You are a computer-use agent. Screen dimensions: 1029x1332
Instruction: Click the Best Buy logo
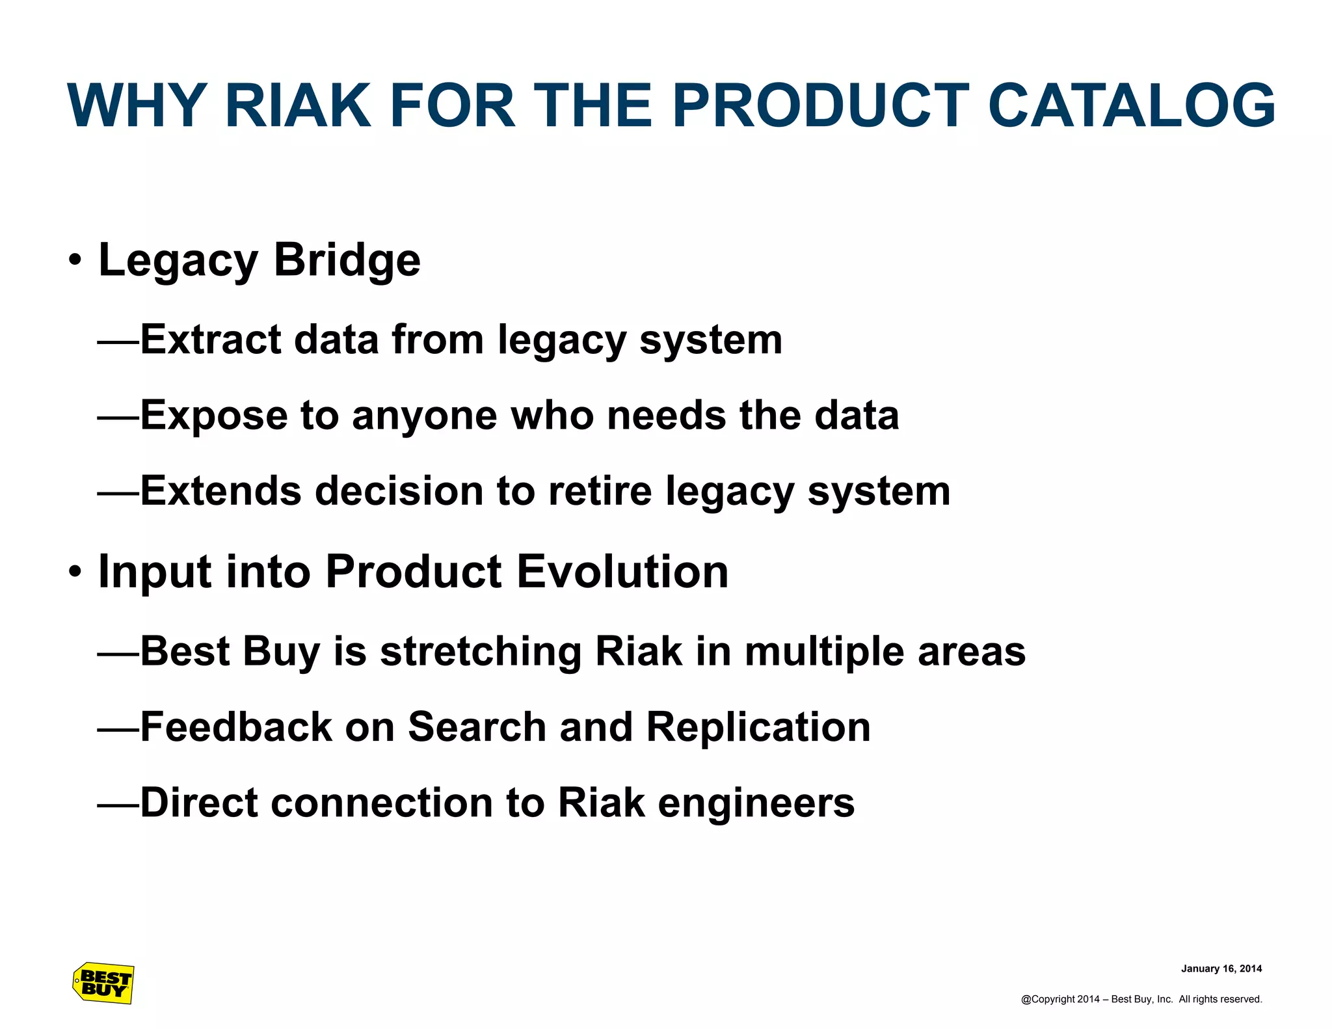point(103,983)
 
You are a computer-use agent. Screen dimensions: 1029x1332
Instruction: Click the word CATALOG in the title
point(1131,106)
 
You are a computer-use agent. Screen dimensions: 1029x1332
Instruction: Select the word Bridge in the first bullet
point(347,260)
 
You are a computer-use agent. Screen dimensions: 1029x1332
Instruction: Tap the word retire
point(600,490)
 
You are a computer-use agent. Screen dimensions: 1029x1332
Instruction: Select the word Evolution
point(622,572)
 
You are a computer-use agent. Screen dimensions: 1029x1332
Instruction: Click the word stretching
point(481,652)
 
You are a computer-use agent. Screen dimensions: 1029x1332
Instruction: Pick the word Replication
point(758,727)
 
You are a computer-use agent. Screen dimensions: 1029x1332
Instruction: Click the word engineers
point(756,803)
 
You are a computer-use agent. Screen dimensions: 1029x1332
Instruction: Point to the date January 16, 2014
point(1221,969)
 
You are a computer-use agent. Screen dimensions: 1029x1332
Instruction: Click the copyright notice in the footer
point(1141,999)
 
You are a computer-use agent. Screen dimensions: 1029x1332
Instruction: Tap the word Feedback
point(235,727)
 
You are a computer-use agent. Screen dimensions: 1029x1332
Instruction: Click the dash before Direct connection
point(118,805)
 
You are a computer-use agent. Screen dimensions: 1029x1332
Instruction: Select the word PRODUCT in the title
point(820,106)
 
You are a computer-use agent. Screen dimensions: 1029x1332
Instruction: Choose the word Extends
point(220,490)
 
